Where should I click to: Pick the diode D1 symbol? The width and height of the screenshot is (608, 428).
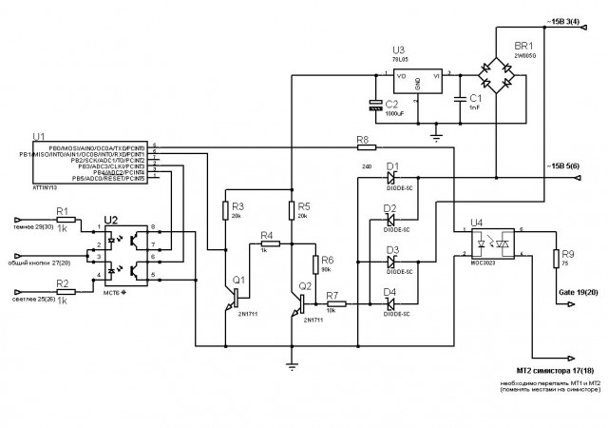(x=390, y=177)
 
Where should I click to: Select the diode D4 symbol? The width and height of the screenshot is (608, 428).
(x=390, y=303)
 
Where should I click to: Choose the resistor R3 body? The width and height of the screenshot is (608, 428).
(x=226, y=207)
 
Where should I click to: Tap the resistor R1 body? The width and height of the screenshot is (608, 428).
(x=64, y=220)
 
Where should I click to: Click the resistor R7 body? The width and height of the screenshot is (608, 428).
(x=332, y=303)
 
